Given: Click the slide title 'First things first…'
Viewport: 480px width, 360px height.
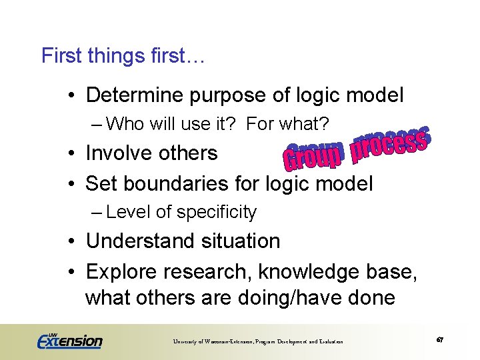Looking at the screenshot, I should pyautogui.click(x=123, y=55).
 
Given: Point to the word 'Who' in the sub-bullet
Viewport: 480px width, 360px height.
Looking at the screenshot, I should pyautogui.click(x=123, y=124).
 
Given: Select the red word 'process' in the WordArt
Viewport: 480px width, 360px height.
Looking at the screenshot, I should pyautogui.click(x=389, y=143).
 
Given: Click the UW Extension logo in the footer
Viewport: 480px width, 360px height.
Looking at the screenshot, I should pyautogui.click(x=70, y=340).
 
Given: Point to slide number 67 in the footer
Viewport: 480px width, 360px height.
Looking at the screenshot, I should pyautogui.click(x=440, y=340).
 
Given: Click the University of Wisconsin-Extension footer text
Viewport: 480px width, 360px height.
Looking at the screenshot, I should pyautogui.click(x=258, y=341).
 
